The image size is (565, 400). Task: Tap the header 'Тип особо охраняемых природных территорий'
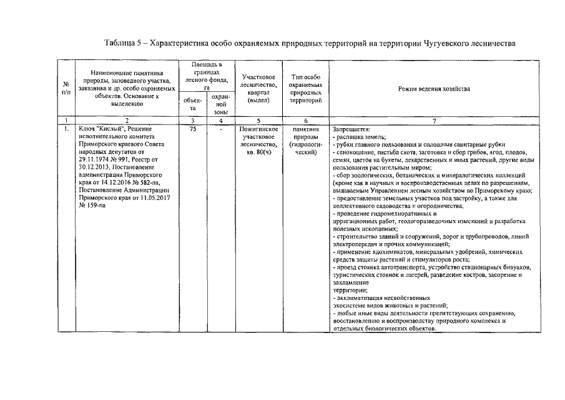pos(306,88)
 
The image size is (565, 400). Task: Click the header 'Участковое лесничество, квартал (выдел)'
pos(258,88)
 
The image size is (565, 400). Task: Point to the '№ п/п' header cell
pos(66,88)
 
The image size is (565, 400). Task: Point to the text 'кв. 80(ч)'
pos(258,152)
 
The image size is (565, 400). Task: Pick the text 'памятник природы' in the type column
pos(306,132)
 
